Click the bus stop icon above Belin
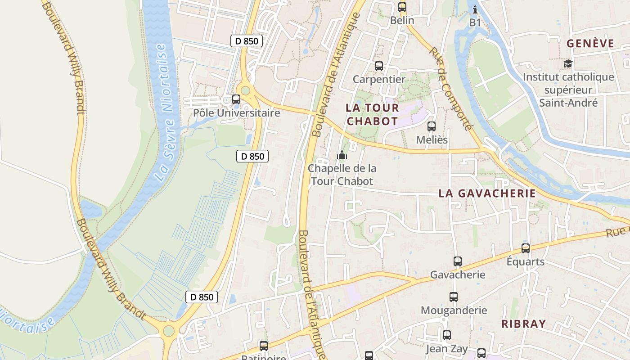tap(402, 7)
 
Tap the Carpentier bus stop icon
tap(379, 66)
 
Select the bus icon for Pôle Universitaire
tap(236, 99)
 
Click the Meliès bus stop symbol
tap(432, 126)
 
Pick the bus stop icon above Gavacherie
tap(458, 261)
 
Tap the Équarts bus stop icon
tap(525, 248)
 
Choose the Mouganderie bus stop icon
tap(454, 297)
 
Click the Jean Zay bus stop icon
tap(446, 335)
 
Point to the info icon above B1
tap(475, 9)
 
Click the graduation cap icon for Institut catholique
tap(568, 64)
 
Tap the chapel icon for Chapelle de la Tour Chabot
tap(342, 155)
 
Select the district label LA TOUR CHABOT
tap(372, 114)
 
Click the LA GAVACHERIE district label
tap(487, 193)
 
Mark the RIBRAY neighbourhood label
tap(523, 324)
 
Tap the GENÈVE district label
tap(590, 44)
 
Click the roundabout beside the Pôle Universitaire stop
tap(245, 90)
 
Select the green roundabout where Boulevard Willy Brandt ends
tap(169, 331)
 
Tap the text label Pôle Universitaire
tap(236, 112)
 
